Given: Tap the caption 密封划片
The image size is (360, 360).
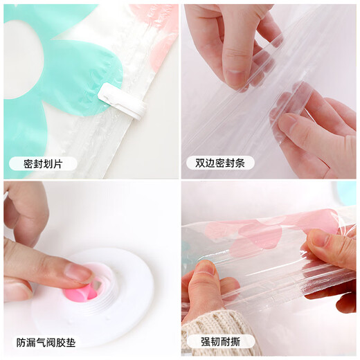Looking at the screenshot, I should click(43, 164).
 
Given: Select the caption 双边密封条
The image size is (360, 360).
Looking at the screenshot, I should click(220, 164).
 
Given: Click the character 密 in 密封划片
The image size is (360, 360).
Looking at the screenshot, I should click(29, 164).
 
